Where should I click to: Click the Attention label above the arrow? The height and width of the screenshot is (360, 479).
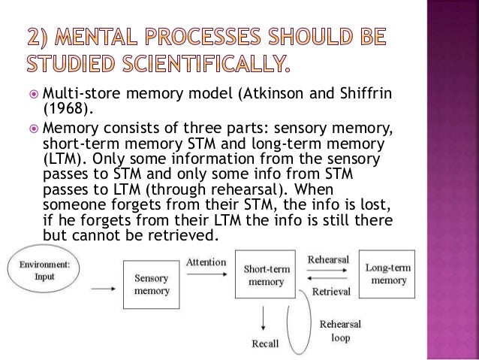205,263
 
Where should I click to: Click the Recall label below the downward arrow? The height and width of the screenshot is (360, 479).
264,345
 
